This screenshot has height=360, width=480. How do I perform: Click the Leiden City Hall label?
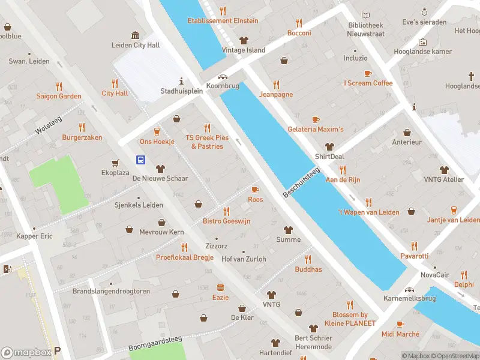[x=136, y=45]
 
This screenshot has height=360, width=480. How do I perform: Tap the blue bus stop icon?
[x=140, y=160]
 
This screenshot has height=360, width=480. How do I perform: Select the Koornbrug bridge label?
[x=223, y=86]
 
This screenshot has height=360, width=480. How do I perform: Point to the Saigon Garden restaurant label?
[x=59, y=96]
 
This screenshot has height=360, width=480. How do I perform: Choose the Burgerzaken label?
[x=82, y=137]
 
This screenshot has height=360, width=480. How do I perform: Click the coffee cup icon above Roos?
[x=255, y=190]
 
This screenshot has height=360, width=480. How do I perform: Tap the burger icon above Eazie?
[x=220, y=287]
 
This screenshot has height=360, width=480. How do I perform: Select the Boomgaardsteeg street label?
[x=155, y=344]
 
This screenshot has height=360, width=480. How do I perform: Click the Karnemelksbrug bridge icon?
[x=410, y=290]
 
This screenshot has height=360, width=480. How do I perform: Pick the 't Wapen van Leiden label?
[x=368, y=212]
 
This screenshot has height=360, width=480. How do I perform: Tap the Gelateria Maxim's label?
[x=316, y=130]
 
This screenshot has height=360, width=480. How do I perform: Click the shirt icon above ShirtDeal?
[x=329, y=146]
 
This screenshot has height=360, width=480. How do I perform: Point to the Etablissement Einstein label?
[x=223, y=21]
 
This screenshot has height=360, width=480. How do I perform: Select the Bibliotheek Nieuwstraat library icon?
[x=366, y=15]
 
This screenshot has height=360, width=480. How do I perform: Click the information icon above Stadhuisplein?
[x=181, y=81]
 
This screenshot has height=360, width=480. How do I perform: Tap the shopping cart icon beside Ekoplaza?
[x=115, y=163]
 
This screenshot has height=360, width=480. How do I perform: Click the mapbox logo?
[x=26, y=352]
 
